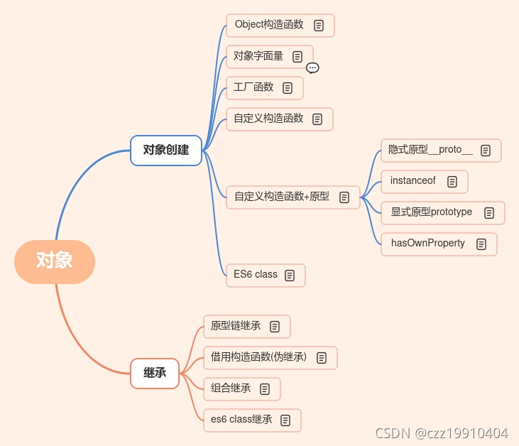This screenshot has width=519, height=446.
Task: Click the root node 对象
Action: point(55,261)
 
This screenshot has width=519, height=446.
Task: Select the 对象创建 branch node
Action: point(166,150)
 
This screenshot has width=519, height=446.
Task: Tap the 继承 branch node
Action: point(155,373)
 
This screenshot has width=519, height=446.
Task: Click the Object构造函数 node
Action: point(270,25)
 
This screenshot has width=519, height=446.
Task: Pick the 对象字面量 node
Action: point(259,56)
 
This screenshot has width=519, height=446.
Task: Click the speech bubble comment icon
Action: point(312,68)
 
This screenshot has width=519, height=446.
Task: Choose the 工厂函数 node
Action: point(254,87)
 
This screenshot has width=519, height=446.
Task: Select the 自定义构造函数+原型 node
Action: point(282,197)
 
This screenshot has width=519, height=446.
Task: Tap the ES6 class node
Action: point(256,275)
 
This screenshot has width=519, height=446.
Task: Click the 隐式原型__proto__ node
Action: point(431,150)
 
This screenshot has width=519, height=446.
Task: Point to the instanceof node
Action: point(413,181)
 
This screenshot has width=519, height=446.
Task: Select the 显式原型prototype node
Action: point(432,212)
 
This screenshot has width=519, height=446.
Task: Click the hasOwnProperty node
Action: point(428,244)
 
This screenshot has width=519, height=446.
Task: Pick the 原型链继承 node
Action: point(236,326)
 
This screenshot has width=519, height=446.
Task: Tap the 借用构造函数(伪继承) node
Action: point(259,357)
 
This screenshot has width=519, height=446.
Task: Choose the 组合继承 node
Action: point(231,388)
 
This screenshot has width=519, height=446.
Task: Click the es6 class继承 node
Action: point(242,420)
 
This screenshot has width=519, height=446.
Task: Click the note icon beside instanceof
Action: point(452,182)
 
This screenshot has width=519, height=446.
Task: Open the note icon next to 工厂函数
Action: point(288,88)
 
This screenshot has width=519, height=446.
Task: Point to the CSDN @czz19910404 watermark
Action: point(441,433)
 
